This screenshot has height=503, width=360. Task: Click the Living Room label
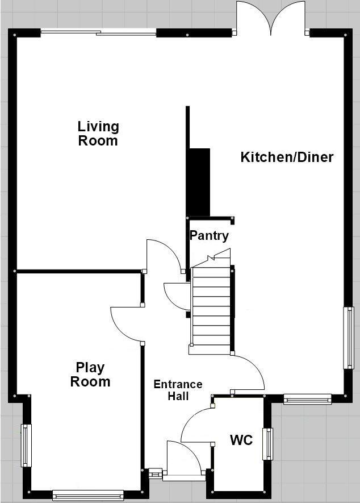(98, 134)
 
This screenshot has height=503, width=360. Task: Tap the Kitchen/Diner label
(287, 157)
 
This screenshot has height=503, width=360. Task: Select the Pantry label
(209, 236)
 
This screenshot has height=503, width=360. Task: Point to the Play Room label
(90, 375)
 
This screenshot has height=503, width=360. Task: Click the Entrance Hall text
(178, 390)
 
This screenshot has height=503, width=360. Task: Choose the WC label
(241, 439)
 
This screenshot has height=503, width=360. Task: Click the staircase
(211, 307)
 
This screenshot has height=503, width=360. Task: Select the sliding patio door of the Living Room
(98, 32)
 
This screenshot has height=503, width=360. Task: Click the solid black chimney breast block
(199, 182)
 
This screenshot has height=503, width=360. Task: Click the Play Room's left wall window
(26, 446)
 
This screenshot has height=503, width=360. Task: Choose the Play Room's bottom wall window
(87, 495)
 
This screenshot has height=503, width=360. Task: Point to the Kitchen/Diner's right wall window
(349, 338)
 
